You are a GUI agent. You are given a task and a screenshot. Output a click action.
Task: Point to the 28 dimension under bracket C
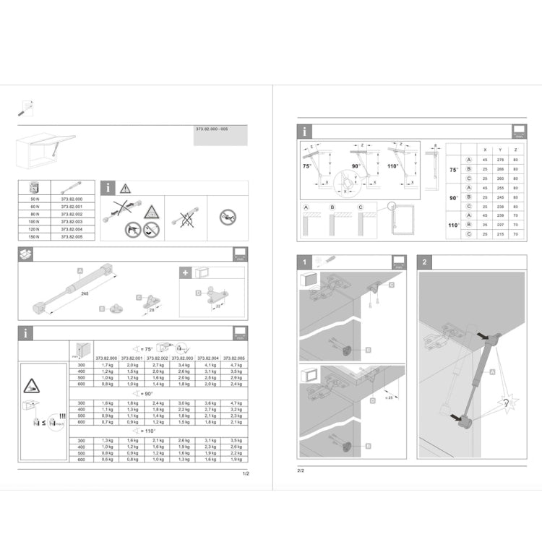click(x=152, y=311)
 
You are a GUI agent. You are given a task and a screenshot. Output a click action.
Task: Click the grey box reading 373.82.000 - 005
click(x=220, y=134)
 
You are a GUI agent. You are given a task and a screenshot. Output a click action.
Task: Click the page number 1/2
click(x=245, y=475)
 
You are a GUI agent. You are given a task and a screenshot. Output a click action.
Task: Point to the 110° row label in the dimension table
click(x=454, y=225)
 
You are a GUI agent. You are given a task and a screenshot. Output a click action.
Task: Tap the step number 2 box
click(x=424, y=262)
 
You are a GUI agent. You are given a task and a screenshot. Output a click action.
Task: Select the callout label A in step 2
click(x=492, y=371)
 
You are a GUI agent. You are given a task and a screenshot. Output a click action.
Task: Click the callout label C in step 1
click(x=391, y=285)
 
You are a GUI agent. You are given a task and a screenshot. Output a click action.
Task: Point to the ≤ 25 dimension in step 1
click(x=390, y=397)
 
